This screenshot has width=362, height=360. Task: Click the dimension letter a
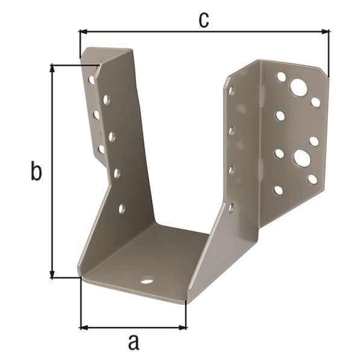coord(134,343)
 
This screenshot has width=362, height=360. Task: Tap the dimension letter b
coord(36,172)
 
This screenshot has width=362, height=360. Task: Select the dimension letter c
coord(205,19)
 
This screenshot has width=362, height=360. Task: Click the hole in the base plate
coord(147,280)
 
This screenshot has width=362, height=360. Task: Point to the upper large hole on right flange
coord(298,87)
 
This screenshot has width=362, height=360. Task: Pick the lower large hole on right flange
coord(302,159)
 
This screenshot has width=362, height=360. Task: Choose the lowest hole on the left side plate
coord(122,209)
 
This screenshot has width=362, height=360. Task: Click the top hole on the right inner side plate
coord(232,91)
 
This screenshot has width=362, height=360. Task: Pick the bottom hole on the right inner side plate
coord(232,208)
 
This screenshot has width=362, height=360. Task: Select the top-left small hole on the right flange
coord(281,77)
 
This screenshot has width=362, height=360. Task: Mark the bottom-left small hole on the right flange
coord(278,190)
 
